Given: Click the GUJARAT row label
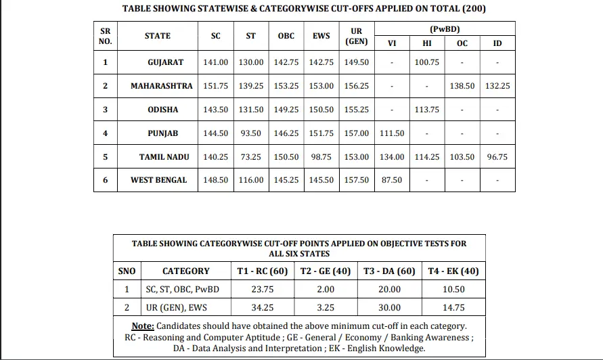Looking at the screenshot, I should click(165, 62).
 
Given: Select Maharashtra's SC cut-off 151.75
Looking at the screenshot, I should click(215, 86).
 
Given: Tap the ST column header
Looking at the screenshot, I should click(250, 36).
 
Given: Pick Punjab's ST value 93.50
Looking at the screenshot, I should click(250, 133).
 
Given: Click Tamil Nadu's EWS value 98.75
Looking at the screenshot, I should click(321, 157).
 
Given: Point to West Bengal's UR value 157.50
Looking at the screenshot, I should click(356, 181).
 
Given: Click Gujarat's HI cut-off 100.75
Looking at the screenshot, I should click(426, 62).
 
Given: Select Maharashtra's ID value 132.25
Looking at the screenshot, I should click(497, 86).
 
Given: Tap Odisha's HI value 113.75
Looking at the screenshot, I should click(426, 110).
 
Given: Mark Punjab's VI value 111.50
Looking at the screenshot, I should click(391, 133).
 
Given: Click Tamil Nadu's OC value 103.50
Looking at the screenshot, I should click(462, 157).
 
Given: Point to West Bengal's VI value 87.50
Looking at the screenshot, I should click(391, 181).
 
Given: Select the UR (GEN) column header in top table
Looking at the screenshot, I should click(356, 36).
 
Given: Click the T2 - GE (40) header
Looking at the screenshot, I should click(325, 271).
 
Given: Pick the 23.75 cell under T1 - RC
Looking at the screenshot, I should click(262, 290).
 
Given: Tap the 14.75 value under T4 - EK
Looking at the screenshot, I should click(453, 307).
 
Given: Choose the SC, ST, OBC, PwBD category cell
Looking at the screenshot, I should click(182, 290).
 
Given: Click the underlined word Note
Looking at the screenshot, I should click(143, 326).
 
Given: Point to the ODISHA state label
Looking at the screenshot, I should click(162, 110).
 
